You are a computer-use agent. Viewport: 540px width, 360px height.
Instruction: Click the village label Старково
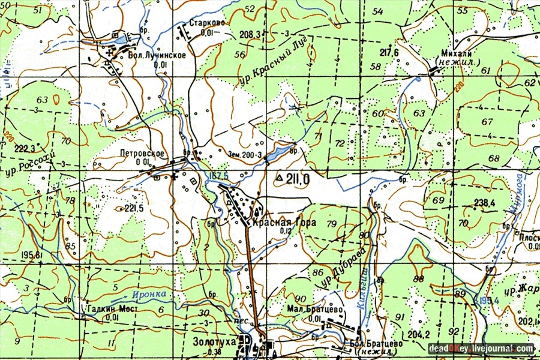(x=207, y=23)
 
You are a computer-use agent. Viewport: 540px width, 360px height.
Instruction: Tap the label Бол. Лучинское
(x=157, y=55)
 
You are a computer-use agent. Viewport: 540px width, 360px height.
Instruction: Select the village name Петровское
(x=142, y=153)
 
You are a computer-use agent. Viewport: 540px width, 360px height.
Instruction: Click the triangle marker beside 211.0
(x=278, y=178)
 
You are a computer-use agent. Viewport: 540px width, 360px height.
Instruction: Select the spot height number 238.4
(x=484, y=203)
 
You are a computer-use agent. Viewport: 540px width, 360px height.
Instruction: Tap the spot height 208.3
(x=248, y=35)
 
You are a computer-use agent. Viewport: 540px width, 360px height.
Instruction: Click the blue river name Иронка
(x=146, y=295)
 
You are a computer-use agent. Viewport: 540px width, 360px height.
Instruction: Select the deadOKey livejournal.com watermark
(x=481, y=348)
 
